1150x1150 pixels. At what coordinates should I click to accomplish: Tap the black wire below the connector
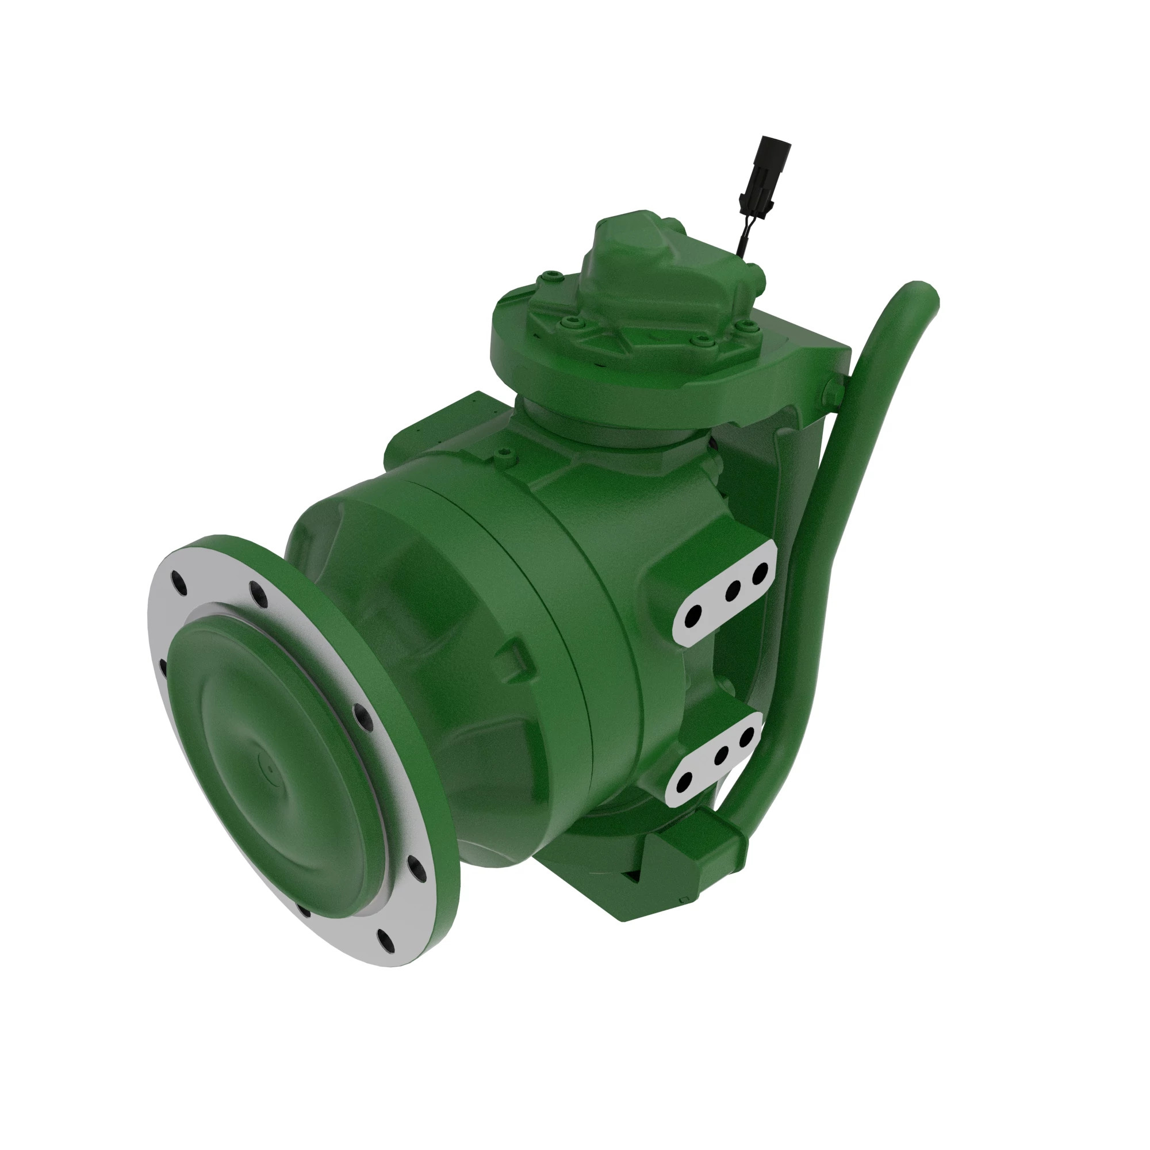pyautogui.click(x=742, y=238)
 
